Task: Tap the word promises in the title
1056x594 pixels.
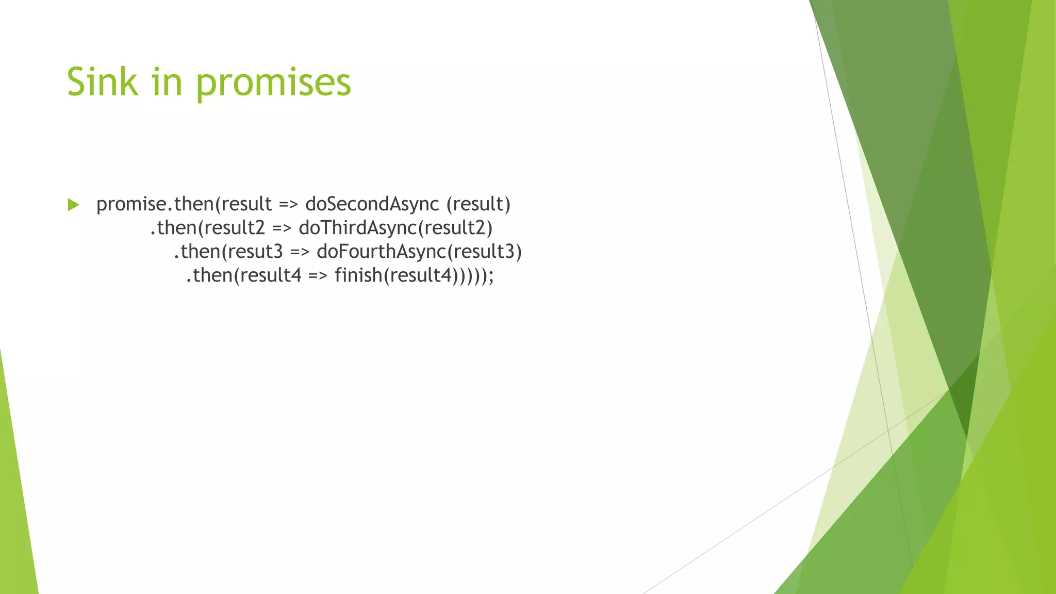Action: pos(273,82)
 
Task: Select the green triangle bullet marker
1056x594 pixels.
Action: pos(73,205)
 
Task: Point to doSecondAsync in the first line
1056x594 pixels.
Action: pos(372,204)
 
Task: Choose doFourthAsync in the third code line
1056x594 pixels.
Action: pos(381,252)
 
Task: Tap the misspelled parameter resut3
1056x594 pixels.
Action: pos(255,252)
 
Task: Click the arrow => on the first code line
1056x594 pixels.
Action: pos(288,205)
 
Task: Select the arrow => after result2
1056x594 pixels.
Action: pos(282,228)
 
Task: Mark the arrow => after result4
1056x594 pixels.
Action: pos(318,276)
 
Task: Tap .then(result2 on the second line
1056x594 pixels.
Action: pos(207,228)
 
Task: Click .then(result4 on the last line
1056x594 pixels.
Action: pos(243,275)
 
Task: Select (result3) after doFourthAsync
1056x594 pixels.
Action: pos(485,252)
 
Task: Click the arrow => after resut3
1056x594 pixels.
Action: pos(300,252)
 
